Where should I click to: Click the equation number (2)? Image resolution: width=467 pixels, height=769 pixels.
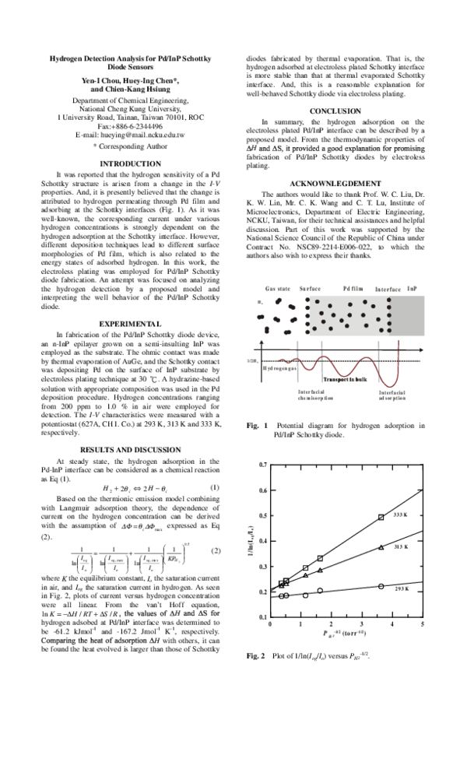click(x=216, y=551)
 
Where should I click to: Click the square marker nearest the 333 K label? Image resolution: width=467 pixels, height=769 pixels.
click(x=381, y=517)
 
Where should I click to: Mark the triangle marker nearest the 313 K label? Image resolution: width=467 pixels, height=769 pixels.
click(x=380, y=547)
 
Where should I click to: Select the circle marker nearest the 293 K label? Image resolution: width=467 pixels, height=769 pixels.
click(x=381, y=585)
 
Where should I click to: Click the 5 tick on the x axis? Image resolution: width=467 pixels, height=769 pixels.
click(x=422, y=624)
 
